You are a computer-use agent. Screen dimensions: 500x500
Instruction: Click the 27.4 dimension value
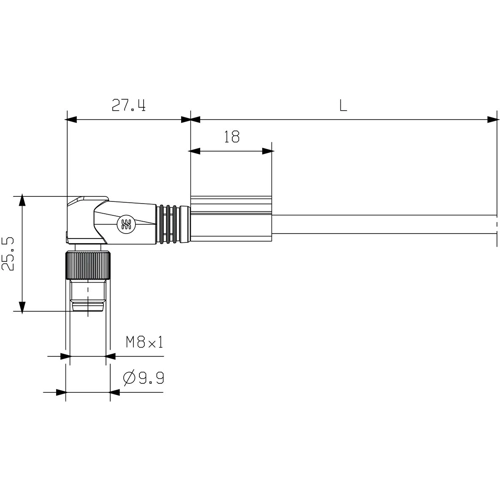(127, 104)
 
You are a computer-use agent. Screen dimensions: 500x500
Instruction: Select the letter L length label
(343, 104)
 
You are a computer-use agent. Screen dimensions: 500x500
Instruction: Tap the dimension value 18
(231, 139)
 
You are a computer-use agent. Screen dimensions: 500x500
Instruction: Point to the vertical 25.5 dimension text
(9, 253)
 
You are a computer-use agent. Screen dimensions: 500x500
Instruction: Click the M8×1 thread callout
(144, 342)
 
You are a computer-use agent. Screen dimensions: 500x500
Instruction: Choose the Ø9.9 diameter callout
(144, 378)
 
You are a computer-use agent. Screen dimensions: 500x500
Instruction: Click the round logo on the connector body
(127, 225)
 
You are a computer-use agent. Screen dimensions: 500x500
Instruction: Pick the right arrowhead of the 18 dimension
(269, 152)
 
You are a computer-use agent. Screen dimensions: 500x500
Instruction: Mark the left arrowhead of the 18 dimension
(194, 152)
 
